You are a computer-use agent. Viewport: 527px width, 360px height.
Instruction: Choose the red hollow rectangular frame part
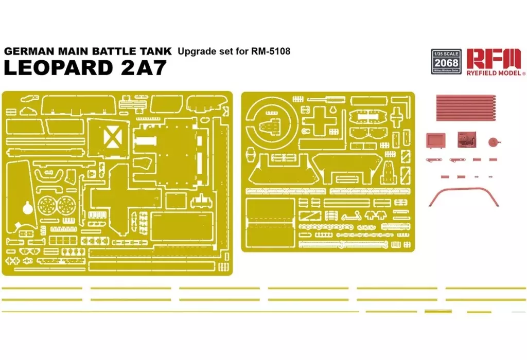[435, 139]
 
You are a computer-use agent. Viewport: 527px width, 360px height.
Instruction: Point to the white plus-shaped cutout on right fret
[319, 119]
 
